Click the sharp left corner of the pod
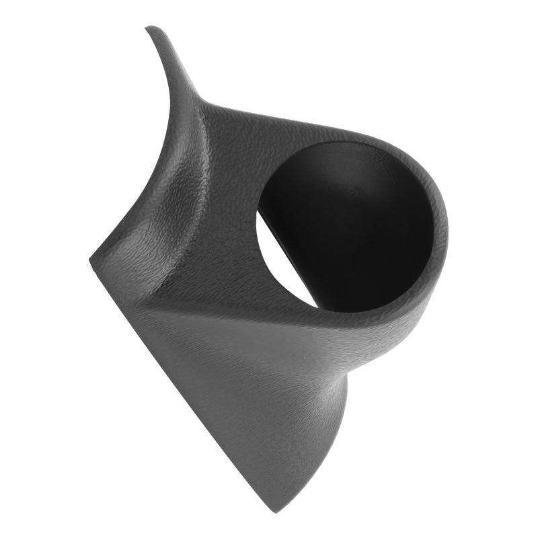click(91, 259)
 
